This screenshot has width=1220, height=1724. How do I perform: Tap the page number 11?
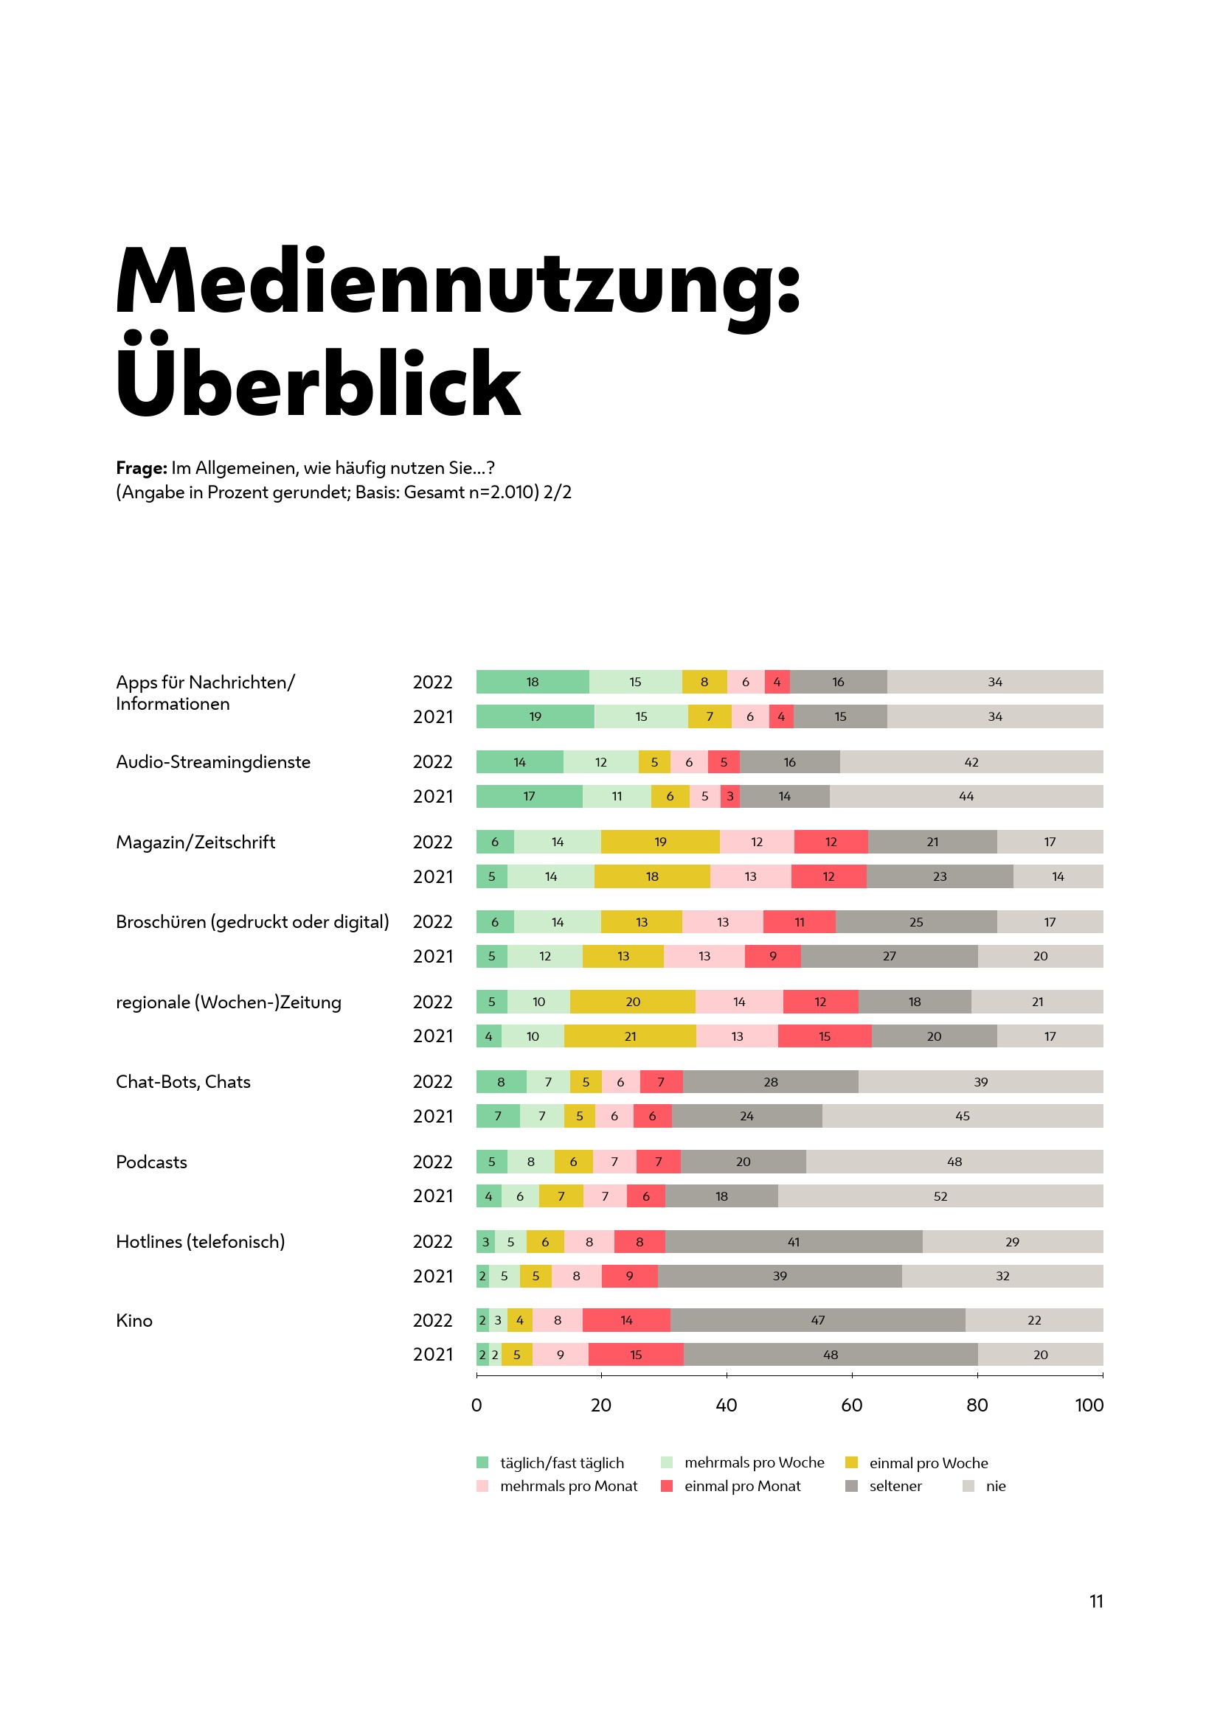[x=1096, y=1601]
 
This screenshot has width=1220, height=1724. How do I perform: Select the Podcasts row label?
[x=151, y=1162]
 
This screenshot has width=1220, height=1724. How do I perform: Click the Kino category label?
[x=134, y=1320]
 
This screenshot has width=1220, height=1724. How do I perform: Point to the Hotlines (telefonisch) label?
[x=200, y=1241]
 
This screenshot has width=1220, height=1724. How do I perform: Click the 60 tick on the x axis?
[x=851, y=1405]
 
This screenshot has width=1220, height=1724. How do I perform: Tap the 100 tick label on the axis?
[x=1089, y=1405]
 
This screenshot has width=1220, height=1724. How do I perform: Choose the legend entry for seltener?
[x=895, y=1486]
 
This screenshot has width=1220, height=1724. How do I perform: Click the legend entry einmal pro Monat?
[x=741, y=1486]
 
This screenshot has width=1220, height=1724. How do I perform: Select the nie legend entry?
[x=995, y=1486]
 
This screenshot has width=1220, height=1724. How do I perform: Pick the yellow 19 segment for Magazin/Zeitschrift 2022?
[x=659, y=842]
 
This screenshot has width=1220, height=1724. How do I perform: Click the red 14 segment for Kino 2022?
[x=625, y=1320]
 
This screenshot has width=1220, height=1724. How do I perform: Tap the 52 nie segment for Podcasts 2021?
[x=940, y=1196]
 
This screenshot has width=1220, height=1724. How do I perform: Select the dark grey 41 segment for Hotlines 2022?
[x=794, y=1242]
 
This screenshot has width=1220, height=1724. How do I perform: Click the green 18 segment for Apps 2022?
[x=532, y=682]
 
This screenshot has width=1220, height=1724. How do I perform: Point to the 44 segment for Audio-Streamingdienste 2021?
[x=966, y=796]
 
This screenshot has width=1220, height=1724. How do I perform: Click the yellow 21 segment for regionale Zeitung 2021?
[x=629, y=1036]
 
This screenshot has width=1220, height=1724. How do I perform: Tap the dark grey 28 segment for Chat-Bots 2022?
[x=771, y=1082]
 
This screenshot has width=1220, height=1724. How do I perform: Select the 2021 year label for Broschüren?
[x=433, y=956]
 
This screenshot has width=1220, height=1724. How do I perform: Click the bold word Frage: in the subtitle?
[x=141, y=468]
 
